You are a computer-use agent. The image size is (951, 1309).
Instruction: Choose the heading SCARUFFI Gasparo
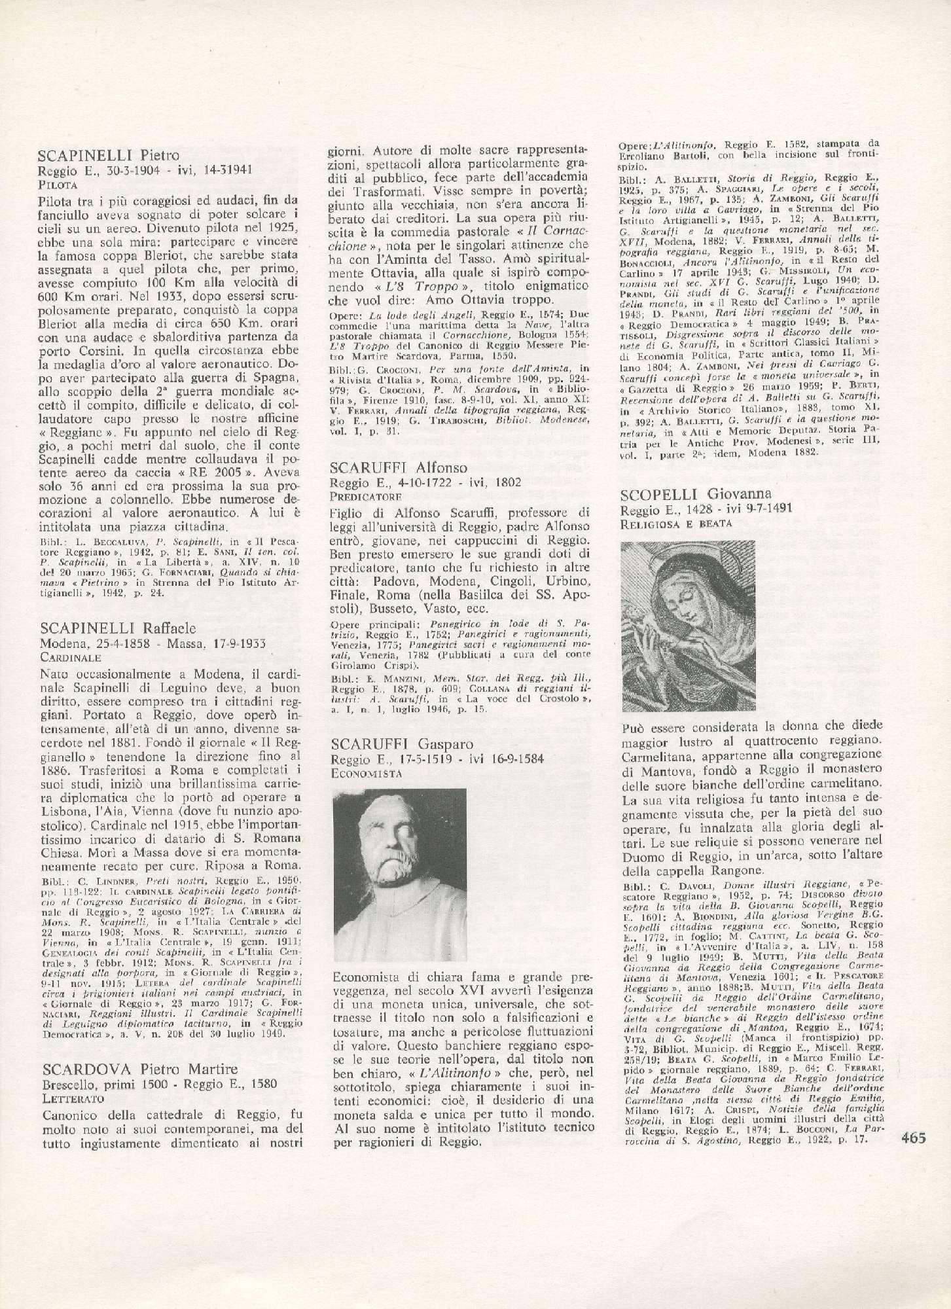coord(403,744)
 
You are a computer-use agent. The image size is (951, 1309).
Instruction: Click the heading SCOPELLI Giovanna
coord(694,493)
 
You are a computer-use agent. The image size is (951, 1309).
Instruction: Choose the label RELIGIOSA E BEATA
coord(675,524)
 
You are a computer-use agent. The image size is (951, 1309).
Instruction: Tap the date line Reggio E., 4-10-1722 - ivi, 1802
coord(426,483)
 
